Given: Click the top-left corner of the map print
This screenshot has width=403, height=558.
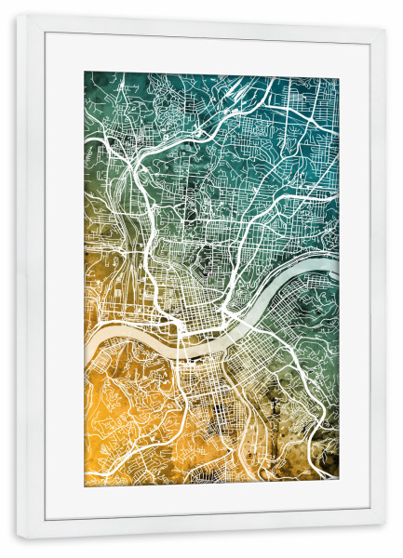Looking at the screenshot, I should [x=85, y=72].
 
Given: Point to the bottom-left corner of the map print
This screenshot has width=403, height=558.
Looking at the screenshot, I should [x=85, y=486].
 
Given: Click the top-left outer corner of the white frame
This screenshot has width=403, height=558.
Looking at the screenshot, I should [x=16, y=13].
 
